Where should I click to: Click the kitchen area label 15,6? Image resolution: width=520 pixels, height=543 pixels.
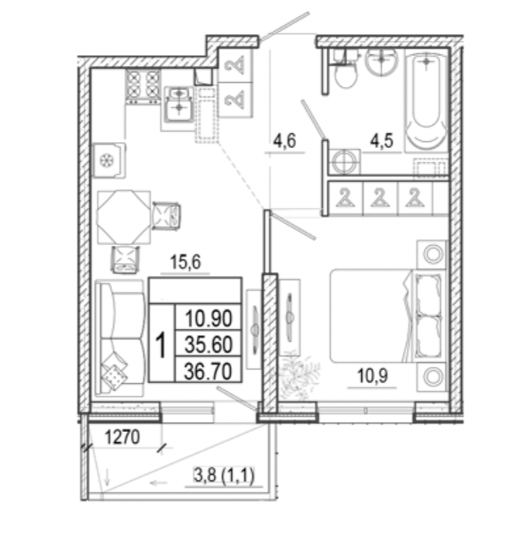(x=185, y=262)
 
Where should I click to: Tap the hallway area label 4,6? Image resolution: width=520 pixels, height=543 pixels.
(x=284, y=141)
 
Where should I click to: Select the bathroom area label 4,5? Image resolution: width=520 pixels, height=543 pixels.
(x=381, y=140)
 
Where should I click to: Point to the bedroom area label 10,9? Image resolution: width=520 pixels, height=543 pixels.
(x=373, y=376)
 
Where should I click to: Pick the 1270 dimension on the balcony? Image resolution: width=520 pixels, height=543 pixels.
(x=122, y=437)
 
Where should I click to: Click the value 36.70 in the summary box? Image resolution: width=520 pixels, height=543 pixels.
(x=208, y=372)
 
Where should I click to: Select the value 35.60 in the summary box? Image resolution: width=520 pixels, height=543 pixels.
(x=208, y=344)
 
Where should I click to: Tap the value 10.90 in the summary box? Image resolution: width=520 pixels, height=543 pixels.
(x=208, y=318)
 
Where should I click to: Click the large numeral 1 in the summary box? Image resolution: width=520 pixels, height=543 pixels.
(x=161, y=344)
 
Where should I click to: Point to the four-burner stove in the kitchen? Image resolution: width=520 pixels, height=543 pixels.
(x=143, y=87)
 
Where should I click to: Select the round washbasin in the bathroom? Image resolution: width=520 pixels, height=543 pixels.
(x=382, y=61)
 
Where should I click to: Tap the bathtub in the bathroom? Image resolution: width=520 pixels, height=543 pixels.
(x=426, y=103)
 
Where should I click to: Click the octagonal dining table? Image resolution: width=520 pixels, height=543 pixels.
(x=124, y=217)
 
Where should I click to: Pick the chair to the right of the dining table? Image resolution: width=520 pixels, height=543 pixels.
(x=167, y=216)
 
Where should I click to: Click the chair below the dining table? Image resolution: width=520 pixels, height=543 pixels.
(x=125, y=260)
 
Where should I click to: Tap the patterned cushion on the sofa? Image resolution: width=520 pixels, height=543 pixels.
(x=114, y=376)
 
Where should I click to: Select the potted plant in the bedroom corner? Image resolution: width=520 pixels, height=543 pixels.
(x=298, y=378)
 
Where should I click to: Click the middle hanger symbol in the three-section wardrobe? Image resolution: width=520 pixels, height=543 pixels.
(x=381, y=198)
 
